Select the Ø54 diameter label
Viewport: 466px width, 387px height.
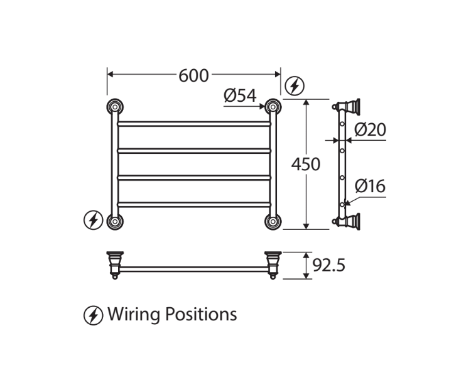[240, 95]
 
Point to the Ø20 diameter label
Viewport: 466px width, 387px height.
[370, 130]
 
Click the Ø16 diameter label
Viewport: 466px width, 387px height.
[370, 186]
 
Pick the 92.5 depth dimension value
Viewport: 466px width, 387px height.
[329, 265]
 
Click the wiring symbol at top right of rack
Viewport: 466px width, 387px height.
[295, 85]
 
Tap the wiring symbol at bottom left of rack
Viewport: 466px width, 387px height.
[94, 220]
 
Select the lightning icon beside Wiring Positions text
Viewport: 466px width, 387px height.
[94, 314]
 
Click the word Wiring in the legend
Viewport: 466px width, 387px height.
[134, 314]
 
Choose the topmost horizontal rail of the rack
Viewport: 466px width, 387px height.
[193, 124]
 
